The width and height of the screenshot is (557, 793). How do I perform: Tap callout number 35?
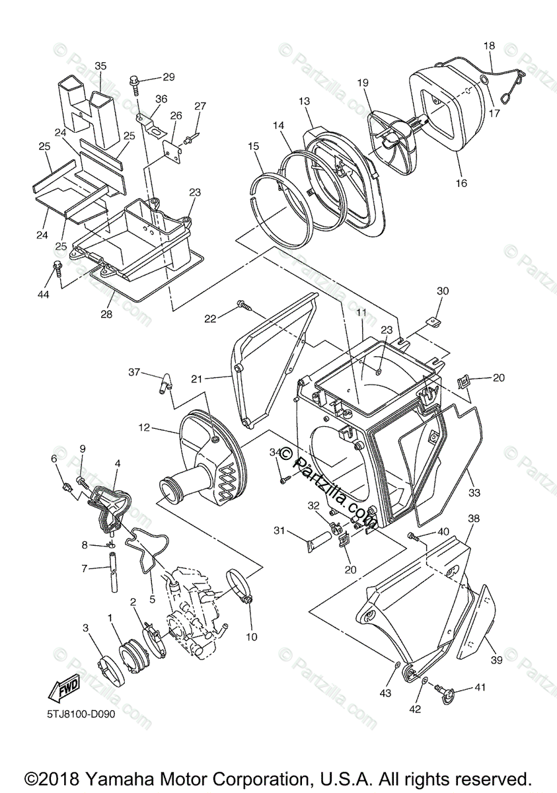[100, 66]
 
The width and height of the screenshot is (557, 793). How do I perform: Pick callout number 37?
[135, 373]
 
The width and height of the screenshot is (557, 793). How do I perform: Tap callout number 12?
[145, 428]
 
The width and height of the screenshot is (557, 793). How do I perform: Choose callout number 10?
[252, 637]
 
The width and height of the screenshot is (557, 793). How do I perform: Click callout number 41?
[480, 687]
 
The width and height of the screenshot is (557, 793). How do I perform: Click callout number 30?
[443, 291]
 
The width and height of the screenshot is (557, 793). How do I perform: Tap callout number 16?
[461, 183]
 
